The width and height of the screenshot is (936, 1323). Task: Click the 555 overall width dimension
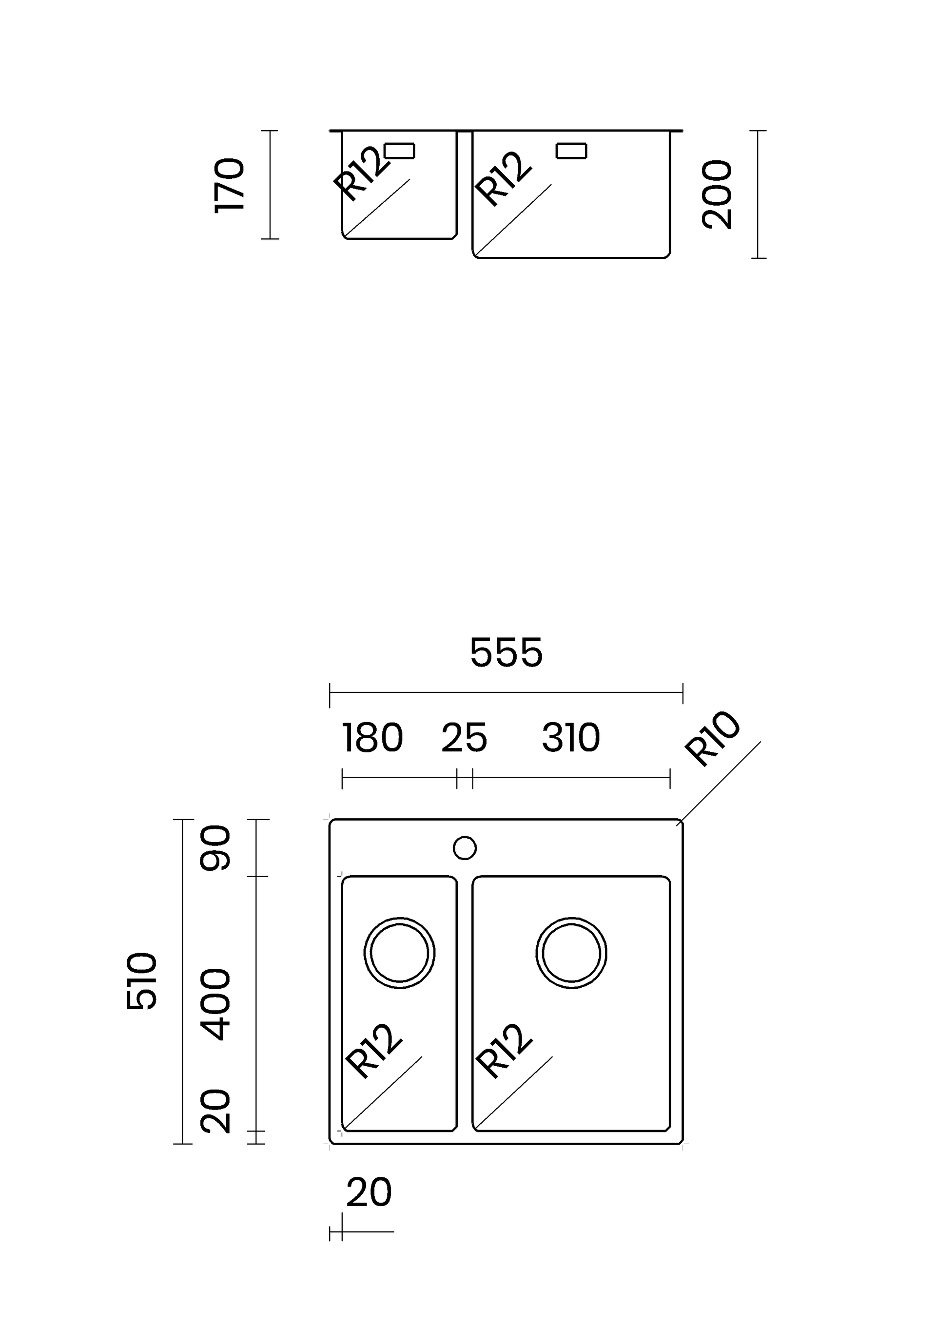(506, 653)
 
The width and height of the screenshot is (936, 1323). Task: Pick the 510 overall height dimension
(141, 981)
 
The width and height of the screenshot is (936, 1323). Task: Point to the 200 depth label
(717, 195)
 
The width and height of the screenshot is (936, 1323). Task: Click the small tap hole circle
(465, 848)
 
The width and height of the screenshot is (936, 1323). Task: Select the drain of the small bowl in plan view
(399, 953)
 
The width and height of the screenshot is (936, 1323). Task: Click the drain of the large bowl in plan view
(571, 953)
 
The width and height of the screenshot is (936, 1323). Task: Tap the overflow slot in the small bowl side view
(399, 151)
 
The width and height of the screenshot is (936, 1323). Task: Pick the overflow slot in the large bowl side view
(571, 151)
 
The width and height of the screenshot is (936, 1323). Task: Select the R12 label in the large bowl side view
(503, 179)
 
